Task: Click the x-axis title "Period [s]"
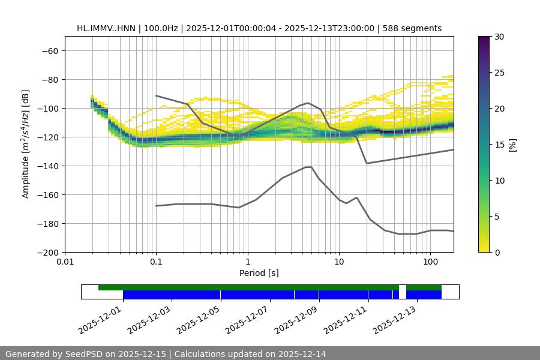click(259, 273)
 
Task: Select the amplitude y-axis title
click(26, 144)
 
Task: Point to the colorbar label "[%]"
click(512, 145)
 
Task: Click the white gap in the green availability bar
click(403, 288)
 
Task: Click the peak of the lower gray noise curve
click(308, 167)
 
